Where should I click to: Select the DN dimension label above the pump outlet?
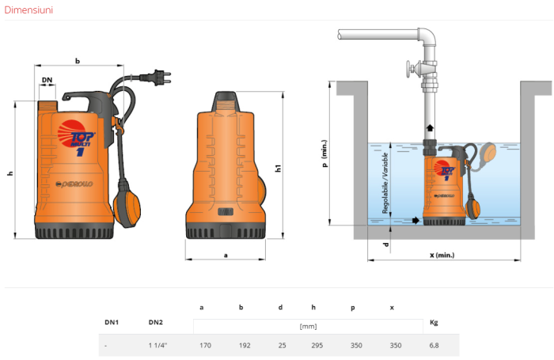(x=47, y=81)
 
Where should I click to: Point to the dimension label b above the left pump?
(x=77, y=60)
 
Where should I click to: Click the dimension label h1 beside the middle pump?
(x=278, y=168)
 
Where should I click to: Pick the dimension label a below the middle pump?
(x=226, y=256)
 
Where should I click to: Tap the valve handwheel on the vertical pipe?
(x=409, y=73)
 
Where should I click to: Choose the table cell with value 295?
(x=317, y=346)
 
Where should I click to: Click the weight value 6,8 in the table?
(x=434, y=346)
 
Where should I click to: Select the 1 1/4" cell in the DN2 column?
(x=159, y=346)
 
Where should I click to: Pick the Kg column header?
(x=433, y=322)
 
